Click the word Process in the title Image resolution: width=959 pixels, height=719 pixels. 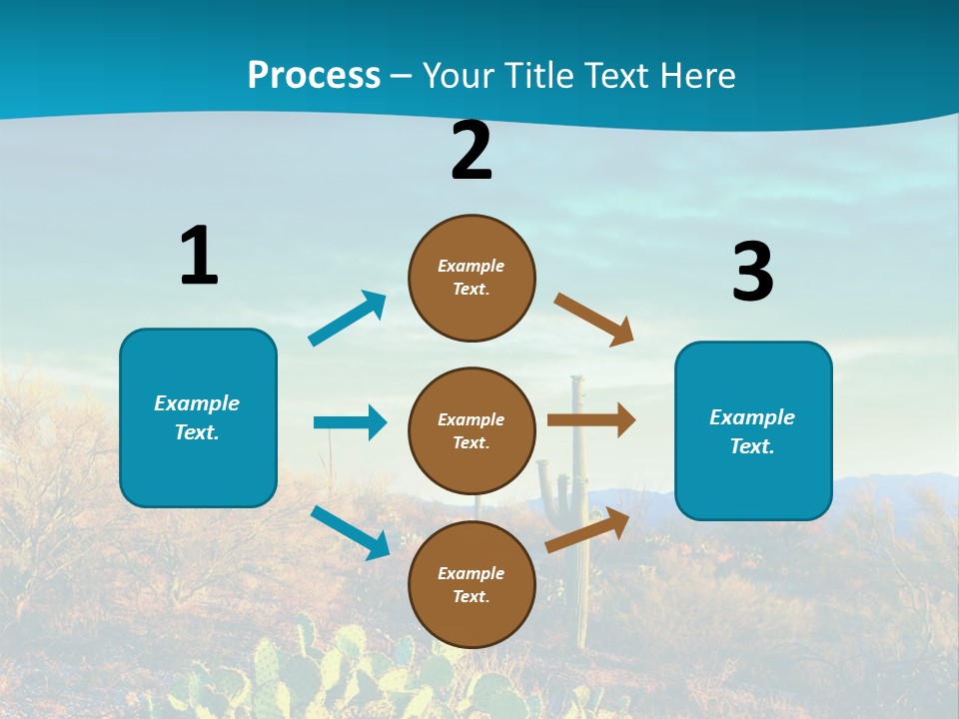point(314,76)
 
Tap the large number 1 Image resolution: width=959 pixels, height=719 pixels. point(199,256)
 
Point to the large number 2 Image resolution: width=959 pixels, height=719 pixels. point(472,151)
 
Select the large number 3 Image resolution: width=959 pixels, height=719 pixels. point(752,272)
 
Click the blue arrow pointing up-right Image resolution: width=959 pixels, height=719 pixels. point(348,319)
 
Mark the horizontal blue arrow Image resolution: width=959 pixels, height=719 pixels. point(350,422)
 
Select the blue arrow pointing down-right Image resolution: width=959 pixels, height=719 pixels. point(351,532)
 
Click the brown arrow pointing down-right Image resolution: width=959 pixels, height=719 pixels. point(594,319)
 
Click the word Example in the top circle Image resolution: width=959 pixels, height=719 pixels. point(472,267)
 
